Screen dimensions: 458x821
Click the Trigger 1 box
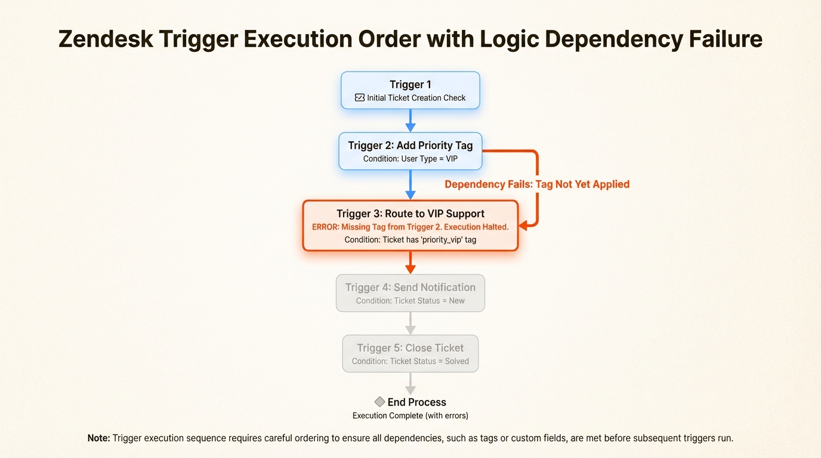(410, 90)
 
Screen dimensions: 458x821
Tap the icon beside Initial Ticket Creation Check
(360, 98)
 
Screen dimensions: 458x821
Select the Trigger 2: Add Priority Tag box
(410, 151)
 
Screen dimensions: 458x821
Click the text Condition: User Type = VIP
(410, 159)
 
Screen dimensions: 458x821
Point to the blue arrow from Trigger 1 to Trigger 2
(410, 120)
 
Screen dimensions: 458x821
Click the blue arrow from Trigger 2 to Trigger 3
(410, 185)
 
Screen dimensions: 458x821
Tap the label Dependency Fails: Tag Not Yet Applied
(537, 184)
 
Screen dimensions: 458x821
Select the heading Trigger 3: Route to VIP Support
(410, 213)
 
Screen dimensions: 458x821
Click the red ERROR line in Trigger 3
(410, 227)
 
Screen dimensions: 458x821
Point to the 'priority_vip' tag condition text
(410, 240)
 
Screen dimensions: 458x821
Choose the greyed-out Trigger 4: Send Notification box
(410, 293)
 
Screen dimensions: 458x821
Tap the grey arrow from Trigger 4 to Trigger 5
(410, 323)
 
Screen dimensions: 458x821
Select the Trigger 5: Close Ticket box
(410, 354)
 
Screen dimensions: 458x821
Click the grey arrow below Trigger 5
(410, 383)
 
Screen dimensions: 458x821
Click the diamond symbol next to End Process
(379, 402)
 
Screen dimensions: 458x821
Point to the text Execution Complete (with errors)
(410, 416)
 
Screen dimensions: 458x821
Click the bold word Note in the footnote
(98, 438)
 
